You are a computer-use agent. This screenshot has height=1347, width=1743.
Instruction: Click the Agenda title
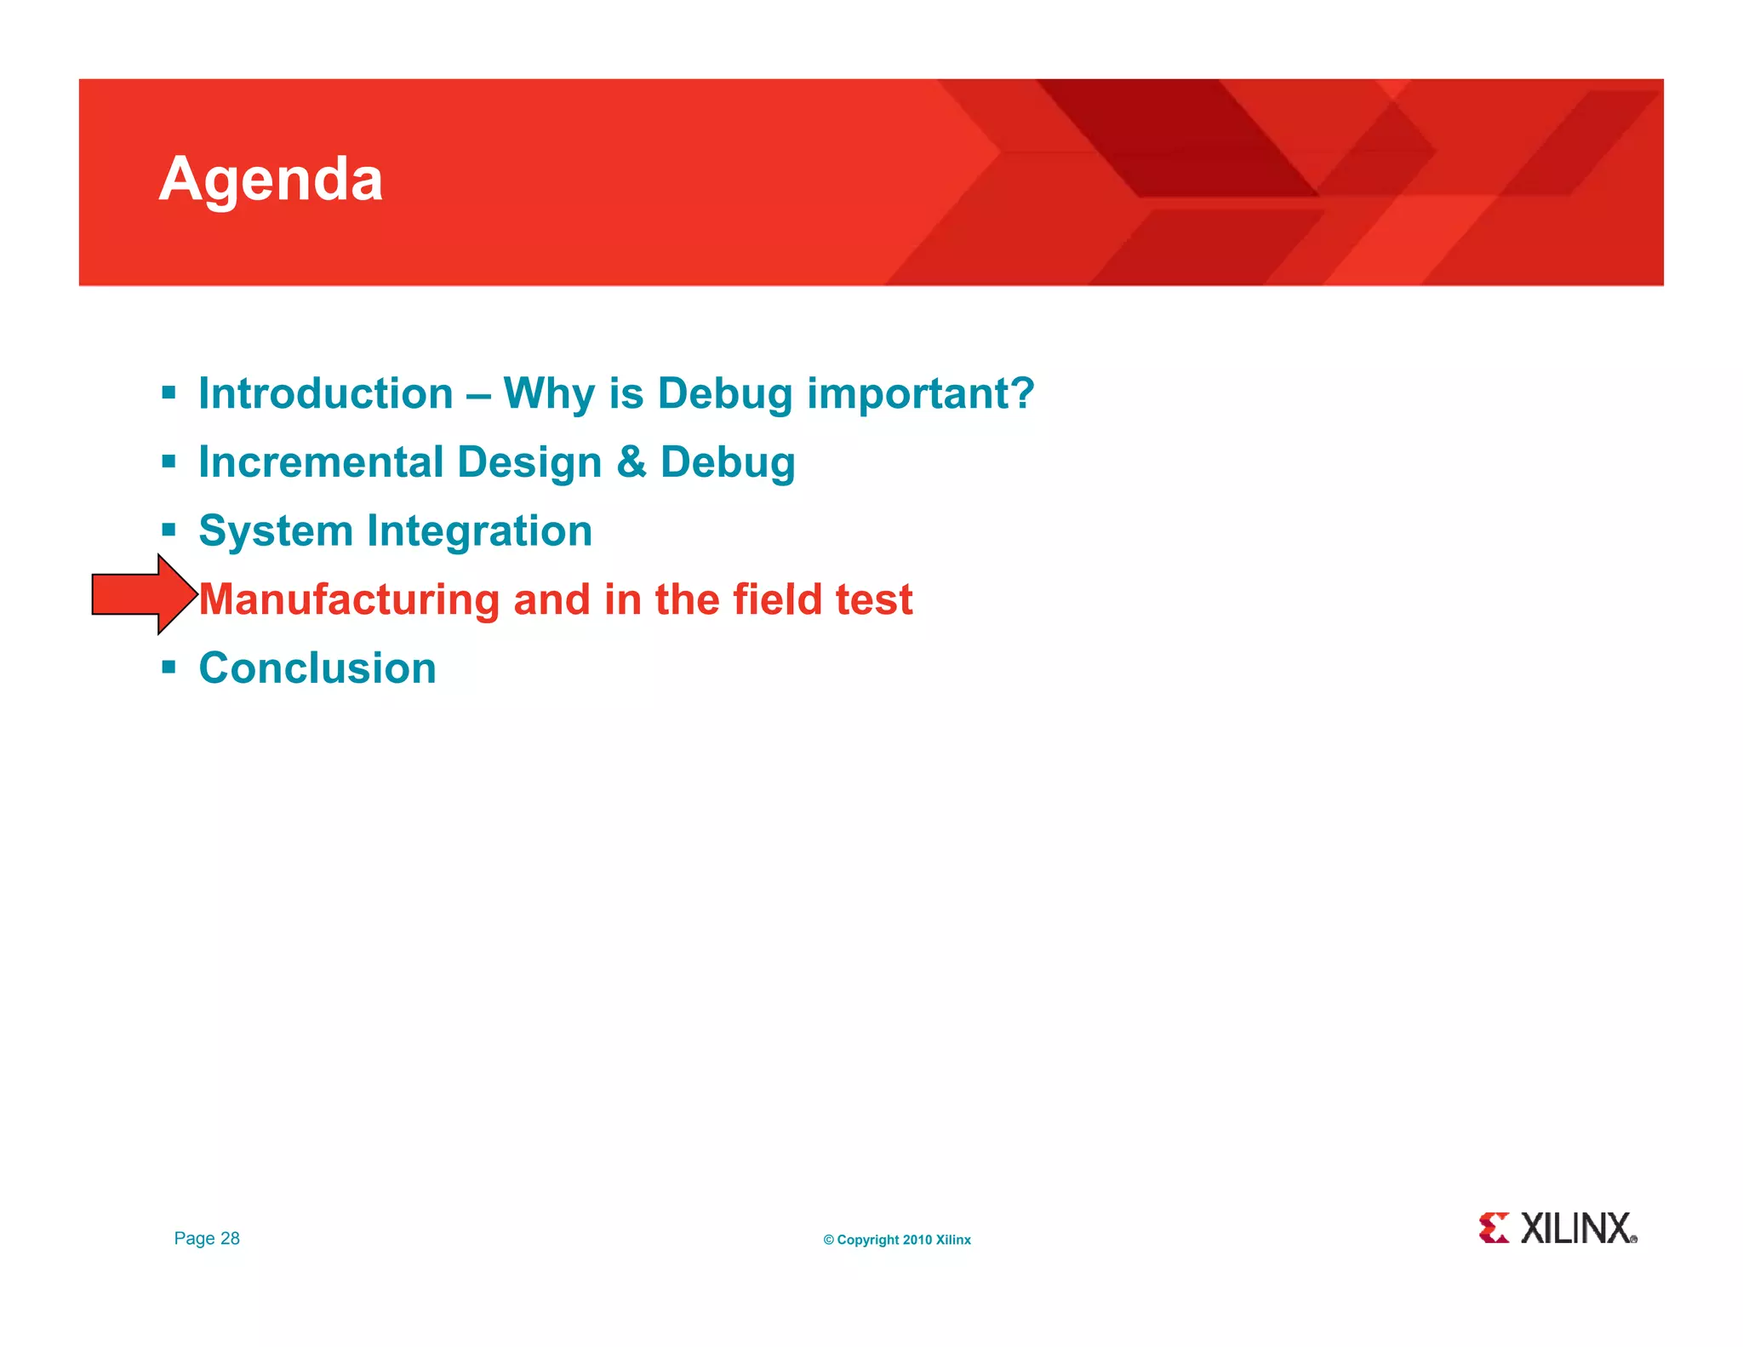coord(271,179)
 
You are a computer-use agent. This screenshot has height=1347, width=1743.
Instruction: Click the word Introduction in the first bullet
coord(325,394)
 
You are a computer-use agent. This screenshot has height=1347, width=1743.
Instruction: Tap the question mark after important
coord(1021,394)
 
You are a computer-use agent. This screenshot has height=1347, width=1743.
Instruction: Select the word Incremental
coord(321,462)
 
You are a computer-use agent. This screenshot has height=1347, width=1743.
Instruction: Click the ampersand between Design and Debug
coord(631,462)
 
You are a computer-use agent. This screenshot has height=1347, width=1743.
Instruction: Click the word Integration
coord(479,531)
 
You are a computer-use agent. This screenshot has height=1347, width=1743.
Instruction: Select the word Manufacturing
coord(349,600)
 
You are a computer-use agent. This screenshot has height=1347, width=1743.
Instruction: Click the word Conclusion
coord(317,668)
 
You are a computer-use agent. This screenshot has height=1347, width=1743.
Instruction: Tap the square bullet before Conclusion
coord(169,667)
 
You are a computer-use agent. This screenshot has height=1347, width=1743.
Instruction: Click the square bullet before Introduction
coord(169,393)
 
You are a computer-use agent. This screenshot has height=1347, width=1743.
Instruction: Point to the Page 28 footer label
coord(207,1238)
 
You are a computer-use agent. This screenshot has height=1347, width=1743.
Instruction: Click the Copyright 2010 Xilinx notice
coord(896,1240)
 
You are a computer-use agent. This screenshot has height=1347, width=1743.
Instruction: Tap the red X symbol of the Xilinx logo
coord(1494,1228)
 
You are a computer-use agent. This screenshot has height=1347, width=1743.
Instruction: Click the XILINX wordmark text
coord(1577,1229)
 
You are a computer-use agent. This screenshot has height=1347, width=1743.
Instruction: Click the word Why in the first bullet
coord(548,394)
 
